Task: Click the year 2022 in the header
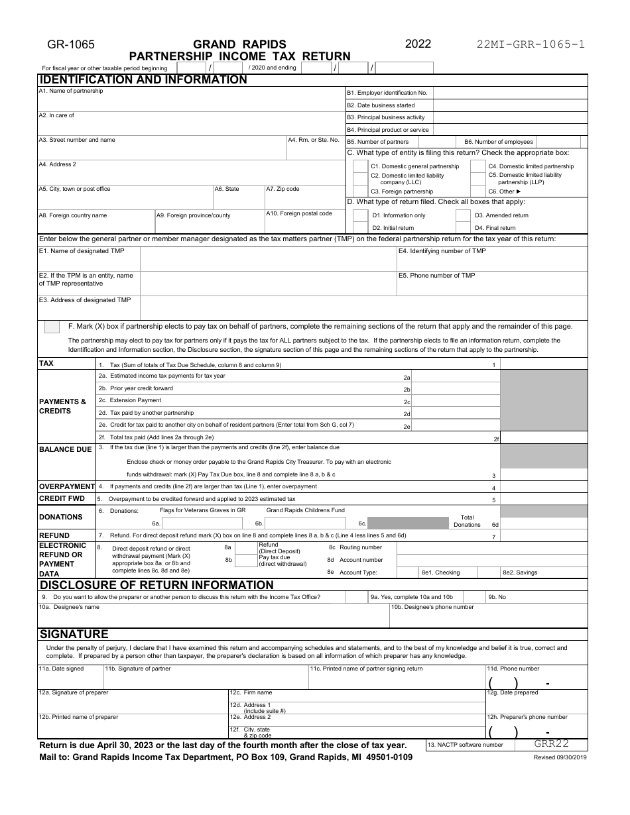pyautogui.click(x=418, y=44)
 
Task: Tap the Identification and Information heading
pyautogui.click(x=143, y=80)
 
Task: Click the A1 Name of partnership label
pyautogui.click(x=71, y=91)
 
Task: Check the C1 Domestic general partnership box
pyautogui.click(x=360, y=166)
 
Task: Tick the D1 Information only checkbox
pyautogui.click(x=360, y=215)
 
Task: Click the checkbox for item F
pyautogui.click(x=51, y=326)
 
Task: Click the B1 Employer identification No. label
pyautogui.click(x=387, y=93)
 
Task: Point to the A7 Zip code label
pyautogui.click(x=283, y=189)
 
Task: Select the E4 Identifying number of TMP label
pyautogui.click(x=442, y=251)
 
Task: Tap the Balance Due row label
pyautogui.click(x=66, y=449)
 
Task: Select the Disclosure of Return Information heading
pyautogui.click(x=157, y=585)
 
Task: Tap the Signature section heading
pyautogui.click(x=74, y=633)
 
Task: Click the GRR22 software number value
pyautogui.click(x=551, y=744)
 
